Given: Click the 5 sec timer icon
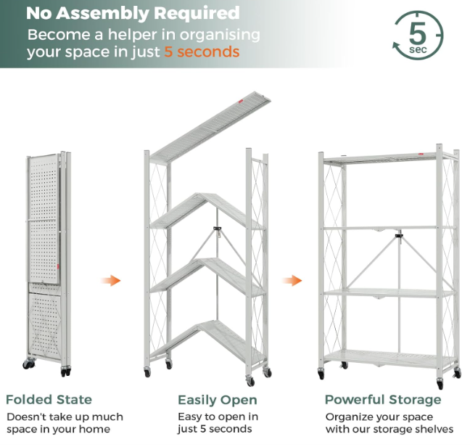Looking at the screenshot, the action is (418, 35).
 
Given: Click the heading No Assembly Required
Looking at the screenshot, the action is (133, 13).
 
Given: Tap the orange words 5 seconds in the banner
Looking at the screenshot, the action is (202, 52).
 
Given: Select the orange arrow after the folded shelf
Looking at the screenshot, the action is (110, 281).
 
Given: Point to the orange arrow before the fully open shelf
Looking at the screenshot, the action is (292, 281).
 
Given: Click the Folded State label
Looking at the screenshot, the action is (49, 400).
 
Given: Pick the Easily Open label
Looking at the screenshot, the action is (218, 401).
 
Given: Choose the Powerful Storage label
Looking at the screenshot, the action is (383, 400).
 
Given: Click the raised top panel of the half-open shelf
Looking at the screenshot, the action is (210, 127).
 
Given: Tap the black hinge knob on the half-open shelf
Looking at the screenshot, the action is (218, 229).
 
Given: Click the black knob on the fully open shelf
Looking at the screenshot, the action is (399, 236).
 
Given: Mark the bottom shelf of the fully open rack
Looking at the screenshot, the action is (389, 358).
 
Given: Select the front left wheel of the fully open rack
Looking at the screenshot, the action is (321, 374).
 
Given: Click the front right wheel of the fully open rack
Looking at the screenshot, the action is (440, 384).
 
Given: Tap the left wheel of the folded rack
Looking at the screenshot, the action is (28, 364).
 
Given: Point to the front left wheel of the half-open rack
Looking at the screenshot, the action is (147, 373).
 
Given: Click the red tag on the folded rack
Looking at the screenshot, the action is (58, 266).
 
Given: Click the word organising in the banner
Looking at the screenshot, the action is (220, 36).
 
